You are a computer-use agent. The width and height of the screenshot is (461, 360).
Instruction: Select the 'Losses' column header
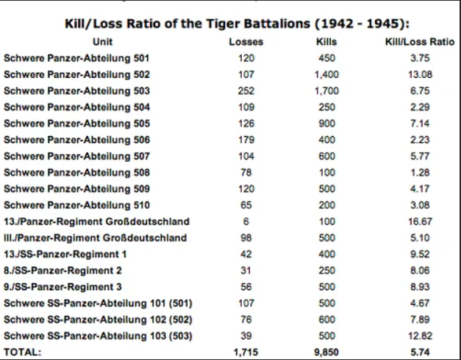point(246,42)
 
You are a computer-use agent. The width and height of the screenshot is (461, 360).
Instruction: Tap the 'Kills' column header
point(326,42)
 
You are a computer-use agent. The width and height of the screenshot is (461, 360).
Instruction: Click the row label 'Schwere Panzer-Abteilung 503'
point(76,91)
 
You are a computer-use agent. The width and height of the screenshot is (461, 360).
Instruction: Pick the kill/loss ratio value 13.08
point(420,74)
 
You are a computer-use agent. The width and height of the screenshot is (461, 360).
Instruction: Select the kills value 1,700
point(326,91)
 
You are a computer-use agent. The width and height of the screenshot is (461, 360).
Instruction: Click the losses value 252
point(246,91)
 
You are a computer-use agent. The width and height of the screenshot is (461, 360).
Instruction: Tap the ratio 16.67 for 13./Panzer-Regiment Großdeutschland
point(420,221)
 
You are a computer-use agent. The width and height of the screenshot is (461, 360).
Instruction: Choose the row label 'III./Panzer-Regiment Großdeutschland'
point(96,237)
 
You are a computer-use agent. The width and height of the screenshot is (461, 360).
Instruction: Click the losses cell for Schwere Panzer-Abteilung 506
point(246,140)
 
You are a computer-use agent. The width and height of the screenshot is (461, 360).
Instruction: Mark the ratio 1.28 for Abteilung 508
point(420,173)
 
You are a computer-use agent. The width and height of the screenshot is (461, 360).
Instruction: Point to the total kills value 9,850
point(326,352)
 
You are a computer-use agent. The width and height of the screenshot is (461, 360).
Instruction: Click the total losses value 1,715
point(246,352)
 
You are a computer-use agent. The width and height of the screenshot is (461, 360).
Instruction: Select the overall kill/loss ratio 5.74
point(420,352)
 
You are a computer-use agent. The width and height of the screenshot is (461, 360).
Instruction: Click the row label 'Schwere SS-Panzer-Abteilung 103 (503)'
point(98,335)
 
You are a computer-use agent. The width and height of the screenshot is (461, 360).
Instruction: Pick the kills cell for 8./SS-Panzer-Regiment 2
point(326,270)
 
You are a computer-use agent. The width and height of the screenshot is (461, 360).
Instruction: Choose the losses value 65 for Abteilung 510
point(246,205)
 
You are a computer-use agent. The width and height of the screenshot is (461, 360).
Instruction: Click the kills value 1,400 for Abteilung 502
point(326,74)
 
